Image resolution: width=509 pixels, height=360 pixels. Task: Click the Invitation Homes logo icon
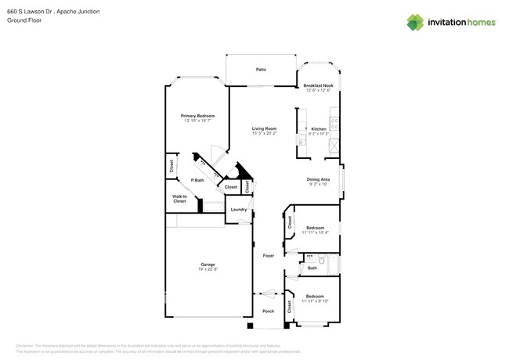tap(415, 22)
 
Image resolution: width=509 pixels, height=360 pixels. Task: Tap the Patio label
tap(261, 70)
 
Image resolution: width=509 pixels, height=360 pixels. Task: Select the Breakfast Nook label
tap(318, 85)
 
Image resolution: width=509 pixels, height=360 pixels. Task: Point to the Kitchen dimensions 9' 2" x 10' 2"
tap(318, 134)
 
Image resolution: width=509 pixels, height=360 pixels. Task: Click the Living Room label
tap(264, 128)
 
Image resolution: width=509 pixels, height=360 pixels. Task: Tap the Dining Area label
tap(318, 179)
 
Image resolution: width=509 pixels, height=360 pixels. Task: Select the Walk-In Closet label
tap(179, 200)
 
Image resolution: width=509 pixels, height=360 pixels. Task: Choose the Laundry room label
tap(239, 209)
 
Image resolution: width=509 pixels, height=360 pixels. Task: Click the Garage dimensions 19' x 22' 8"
tap(208, 270)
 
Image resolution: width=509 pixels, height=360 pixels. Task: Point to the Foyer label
tap(268, 255)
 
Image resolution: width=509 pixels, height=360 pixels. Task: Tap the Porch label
tap(268, 311)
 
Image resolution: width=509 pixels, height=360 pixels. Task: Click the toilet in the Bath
tap(310, 257)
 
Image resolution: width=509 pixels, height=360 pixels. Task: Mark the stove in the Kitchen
tap(335, 122)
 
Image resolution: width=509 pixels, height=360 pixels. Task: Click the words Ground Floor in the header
tap(23, 20)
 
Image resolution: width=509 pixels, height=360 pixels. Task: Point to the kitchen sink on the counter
tap(300, 139)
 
